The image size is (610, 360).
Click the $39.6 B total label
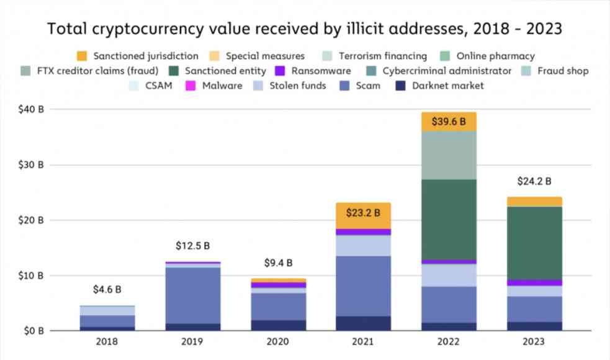tap(448, 122)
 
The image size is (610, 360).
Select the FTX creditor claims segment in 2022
tap(448, 155)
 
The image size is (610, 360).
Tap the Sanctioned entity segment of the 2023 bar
tap(534, 243)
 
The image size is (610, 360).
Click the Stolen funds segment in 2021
tap(363, 245)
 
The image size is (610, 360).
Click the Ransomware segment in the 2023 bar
tap(534, 282)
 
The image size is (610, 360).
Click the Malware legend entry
tap(222, 86)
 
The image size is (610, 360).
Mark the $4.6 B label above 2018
tap(107, 289)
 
